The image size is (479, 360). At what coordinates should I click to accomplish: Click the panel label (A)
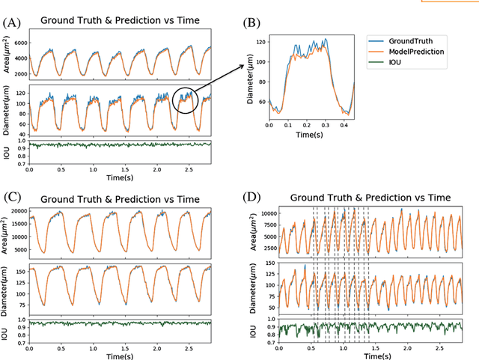[x=12, y=22]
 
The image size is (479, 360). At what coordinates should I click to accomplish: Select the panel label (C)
[x=12, y=198]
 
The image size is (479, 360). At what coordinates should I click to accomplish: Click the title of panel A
[x=120, y=20]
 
